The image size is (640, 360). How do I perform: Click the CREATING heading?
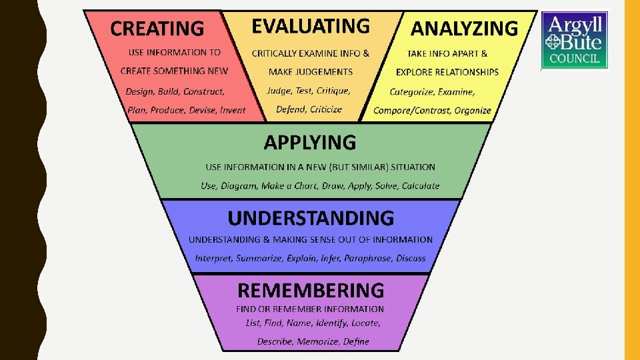tap(157, 29)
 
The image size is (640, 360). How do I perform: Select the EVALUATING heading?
tap(310, 26)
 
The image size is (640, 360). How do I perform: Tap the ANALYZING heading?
tap(463, 28)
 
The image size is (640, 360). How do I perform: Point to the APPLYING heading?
tap(310, 142)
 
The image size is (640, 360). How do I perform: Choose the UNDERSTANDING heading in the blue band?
tap(311, 218)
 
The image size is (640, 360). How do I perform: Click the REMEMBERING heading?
tap(311, 290)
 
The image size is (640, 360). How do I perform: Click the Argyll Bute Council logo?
tap(574, 39)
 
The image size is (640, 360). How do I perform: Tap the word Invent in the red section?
tap(233, 111)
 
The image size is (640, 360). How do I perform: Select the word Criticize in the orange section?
tap(326, 109)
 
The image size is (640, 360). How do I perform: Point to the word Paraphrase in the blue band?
tap(368, 258)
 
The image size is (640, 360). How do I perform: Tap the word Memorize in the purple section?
tap(320, 341)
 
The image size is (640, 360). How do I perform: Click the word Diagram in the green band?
tap(238, 186)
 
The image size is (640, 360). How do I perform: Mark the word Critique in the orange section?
tap(333, 91)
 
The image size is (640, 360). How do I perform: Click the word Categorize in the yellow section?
tap(413, 92)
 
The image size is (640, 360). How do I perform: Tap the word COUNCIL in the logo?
tap(575, 59)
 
